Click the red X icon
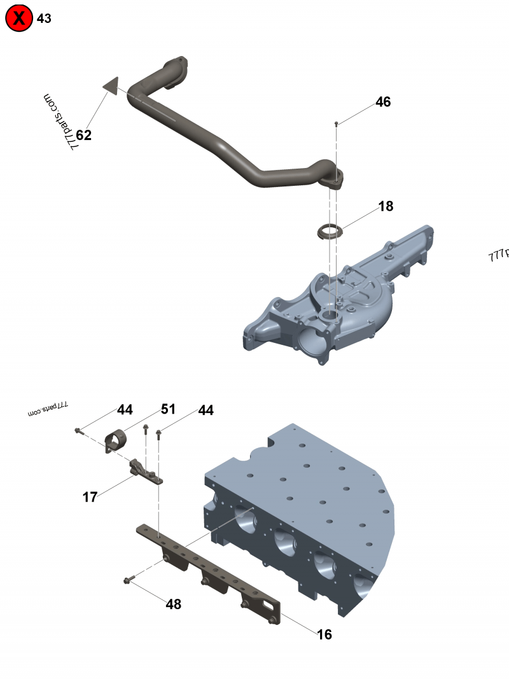pos(19,18)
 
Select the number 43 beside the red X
pos(45,18)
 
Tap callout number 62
pos(84,135)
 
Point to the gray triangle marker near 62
pos(111,86)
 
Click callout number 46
pos(383,102)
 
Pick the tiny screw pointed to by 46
pos(337,123)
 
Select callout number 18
pos(386,206)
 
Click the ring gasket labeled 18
pos(329,230)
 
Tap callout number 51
pos(167,409)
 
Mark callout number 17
pos(90,497)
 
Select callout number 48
pos(173,604)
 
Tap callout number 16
pos(324,634)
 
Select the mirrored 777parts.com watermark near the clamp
pos(48,409)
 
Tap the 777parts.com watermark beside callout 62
pos(60,122)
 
